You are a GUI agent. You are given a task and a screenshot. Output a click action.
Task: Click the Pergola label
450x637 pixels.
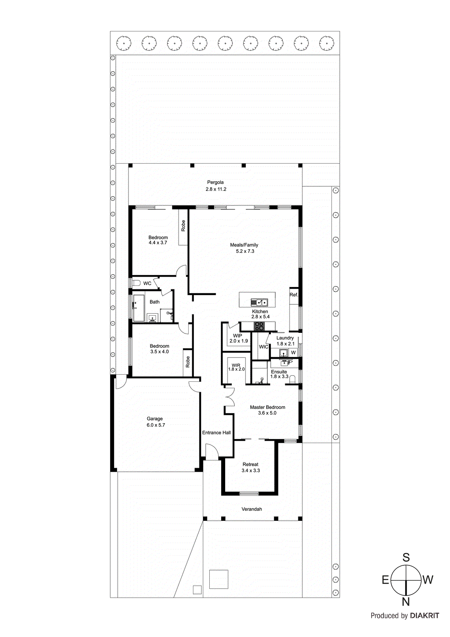pos(215,182)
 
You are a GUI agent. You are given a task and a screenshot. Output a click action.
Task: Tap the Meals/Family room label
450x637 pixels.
pos(244,245)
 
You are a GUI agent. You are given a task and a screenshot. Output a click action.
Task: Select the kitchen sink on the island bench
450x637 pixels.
pos(259,302)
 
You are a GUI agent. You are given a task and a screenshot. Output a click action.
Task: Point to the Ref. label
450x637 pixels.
pos(294,295)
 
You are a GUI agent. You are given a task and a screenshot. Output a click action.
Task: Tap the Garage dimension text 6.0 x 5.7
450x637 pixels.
pos(156,425)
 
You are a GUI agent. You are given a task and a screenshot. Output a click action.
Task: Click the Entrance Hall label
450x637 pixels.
pos(216,432)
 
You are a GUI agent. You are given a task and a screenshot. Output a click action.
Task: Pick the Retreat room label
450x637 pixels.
pos(250,464)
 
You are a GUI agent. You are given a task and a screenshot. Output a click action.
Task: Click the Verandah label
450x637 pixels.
pos(251,509)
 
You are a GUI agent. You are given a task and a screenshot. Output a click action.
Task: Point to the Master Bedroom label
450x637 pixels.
pos(267,407)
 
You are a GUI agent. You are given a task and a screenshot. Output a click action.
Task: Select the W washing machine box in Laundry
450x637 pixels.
pos(293,353)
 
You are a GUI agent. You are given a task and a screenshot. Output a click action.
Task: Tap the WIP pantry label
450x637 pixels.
pos(238,336)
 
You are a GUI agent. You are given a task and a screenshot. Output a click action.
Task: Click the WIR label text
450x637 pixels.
pos(236,365)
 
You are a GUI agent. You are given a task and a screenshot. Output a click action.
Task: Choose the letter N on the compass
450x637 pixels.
pos(405,602)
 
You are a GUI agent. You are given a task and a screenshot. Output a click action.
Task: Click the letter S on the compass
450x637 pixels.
pos(406,557)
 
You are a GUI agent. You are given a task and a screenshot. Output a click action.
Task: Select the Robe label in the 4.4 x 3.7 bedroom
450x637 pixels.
pos(183,226)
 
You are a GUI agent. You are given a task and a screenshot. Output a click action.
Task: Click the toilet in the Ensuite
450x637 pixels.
pos(293,379)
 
